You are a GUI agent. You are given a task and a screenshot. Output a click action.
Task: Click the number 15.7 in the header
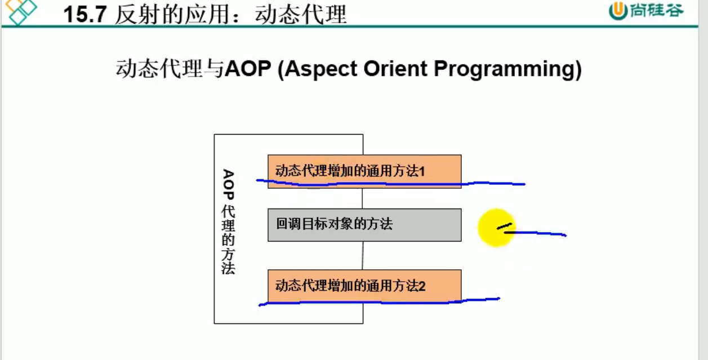pyautogui.click(x=84, y=14)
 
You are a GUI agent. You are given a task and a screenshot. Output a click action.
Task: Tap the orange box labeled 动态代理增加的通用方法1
pyautogui.click(x=364, y=171)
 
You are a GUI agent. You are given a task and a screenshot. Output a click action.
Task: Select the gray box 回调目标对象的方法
pyautogui.click(x=364, y=225)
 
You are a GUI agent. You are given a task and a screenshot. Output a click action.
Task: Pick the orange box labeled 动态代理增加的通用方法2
pyautogui.click(x=364, y=286)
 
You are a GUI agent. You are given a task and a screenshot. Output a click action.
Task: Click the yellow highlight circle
pyautogui.click(x=496, y=228)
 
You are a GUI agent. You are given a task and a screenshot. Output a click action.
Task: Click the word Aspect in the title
pyautogui.click(x=321, y=70)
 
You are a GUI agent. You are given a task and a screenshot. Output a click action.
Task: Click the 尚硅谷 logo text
pyautogui.click(x=656, y=11)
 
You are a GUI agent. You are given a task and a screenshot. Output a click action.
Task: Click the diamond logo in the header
pyautogui.click(x=21, y=11)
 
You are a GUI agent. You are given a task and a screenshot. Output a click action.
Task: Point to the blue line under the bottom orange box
pyautogui.click(x=377, y=302)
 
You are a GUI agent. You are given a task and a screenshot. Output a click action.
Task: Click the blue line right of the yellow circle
pyautogui.click(x=538, y=233)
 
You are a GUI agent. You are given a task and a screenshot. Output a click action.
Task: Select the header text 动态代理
pyautogui.click(x=301, y=14)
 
